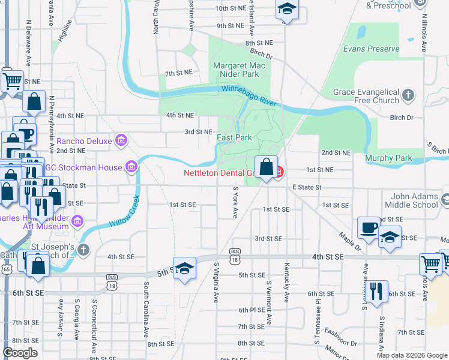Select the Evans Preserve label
[x=371, y=49]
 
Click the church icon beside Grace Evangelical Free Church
[x=408, y=95]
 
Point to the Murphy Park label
[x=388, y=158]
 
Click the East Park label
[x=234, y=137]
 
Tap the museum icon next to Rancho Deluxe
[x=121, y=141]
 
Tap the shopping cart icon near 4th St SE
[x=431, y=262]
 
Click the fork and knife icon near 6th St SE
[x=376, y=290]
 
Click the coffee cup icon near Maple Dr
[x=369, y=227]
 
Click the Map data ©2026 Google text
[x=412, y=355]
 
